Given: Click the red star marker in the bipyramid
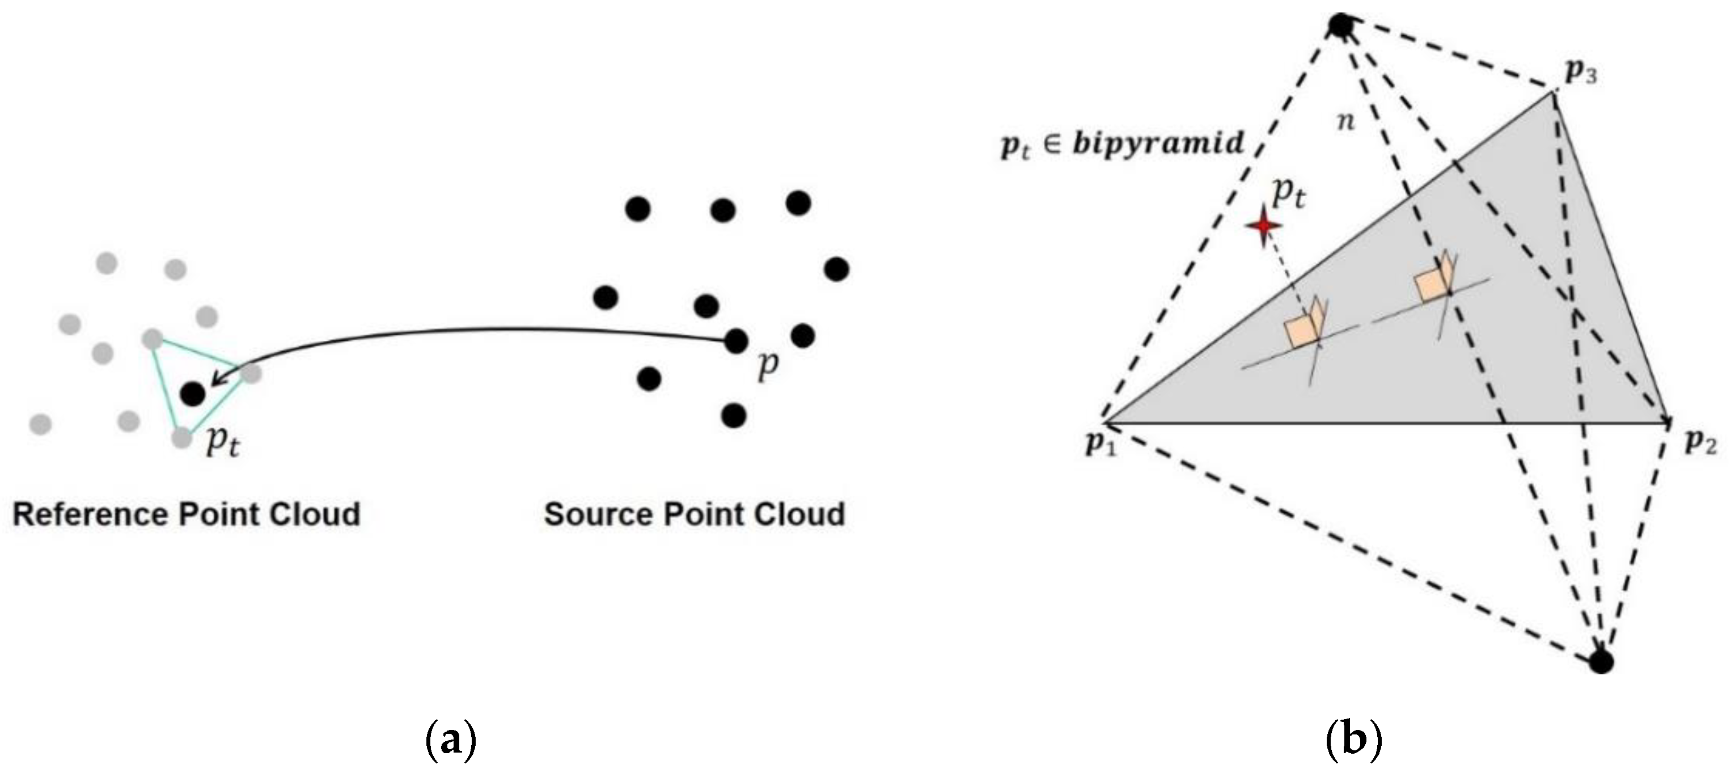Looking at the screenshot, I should pos(1264,226).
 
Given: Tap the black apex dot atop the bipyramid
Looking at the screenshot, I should pos(1340,26).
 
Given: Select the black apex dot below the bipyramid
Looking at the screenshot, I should pos(1601,661).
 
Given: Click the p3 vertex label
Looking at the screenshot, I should pos(1581,73).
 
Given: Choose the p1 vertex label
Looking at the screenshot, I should pos(1101,444).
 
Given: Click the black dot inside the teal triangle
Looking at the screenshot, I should pos(193,393).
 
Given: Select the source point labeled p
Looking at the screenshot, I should pos(737,341).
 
